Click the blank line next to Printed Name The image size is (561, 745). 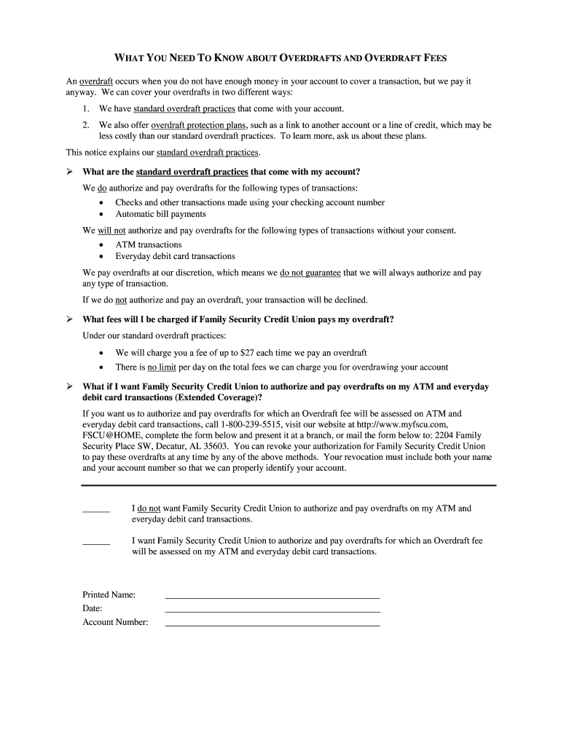tap(272, 596)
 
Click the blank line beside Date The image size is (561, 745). tap(272, 610)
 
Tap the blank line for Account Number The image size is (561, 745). tap(272, 624)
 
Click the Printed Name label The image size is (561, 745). tap(109, 595)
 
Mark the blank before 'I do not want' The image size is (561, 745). tap(95, 511)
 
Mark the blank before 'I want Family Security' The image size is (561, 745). tap(95, 543)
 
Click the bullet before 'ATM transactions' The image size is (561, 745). tap(101, 245)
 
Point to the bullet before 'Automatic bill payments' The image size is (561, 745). tap(101, 215)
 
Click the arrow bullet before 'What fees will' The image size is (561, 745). tap(69, 319)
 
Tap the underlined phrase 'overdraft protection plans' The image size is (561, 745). tap(199, 125)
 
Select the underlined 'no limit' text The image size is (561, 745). tap(162, 367)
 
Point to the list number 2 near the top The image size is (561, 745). tap(85, 125)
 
